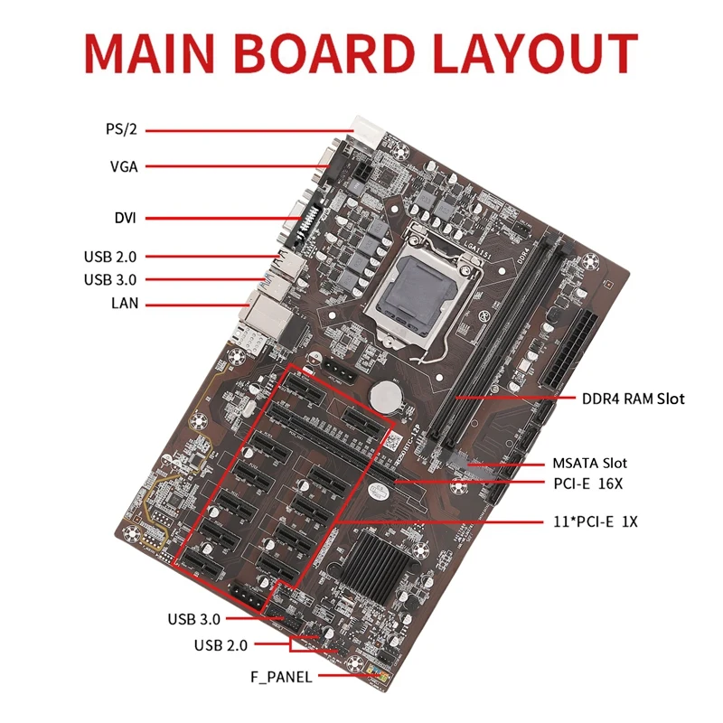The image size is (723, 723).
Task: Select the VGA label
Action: tap(123, 166)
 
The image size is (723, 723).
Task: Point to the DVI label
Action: tap(126, 218)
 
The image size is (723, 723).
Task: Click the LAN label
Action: tap(125, 304)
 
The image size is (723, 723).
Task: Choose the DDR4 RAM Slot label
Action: tap(632, 398)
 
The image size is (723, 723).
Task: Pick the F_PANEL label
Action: tap(282, 676)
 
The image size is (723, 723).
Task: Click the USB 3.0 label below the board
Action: tap(193, 619)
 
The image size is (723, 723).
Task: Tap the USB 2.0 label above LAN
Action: tap(111, 257)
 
